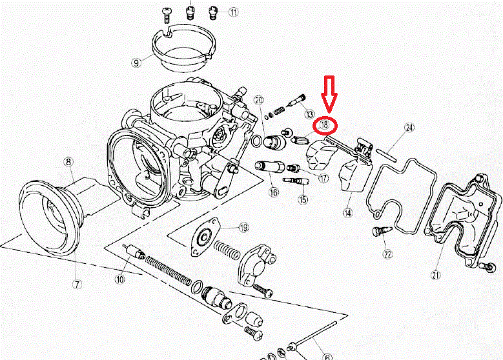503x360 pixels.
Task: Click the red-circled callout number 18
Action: [324, 124]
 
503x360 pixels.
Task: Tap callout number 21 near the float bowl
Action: [437, 275]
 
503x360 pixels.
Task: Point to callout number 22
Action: [387, 255]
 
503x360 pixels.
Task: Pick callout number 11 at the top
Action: [232, 12]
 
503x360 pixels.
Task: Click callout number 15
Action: [302, 200]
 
